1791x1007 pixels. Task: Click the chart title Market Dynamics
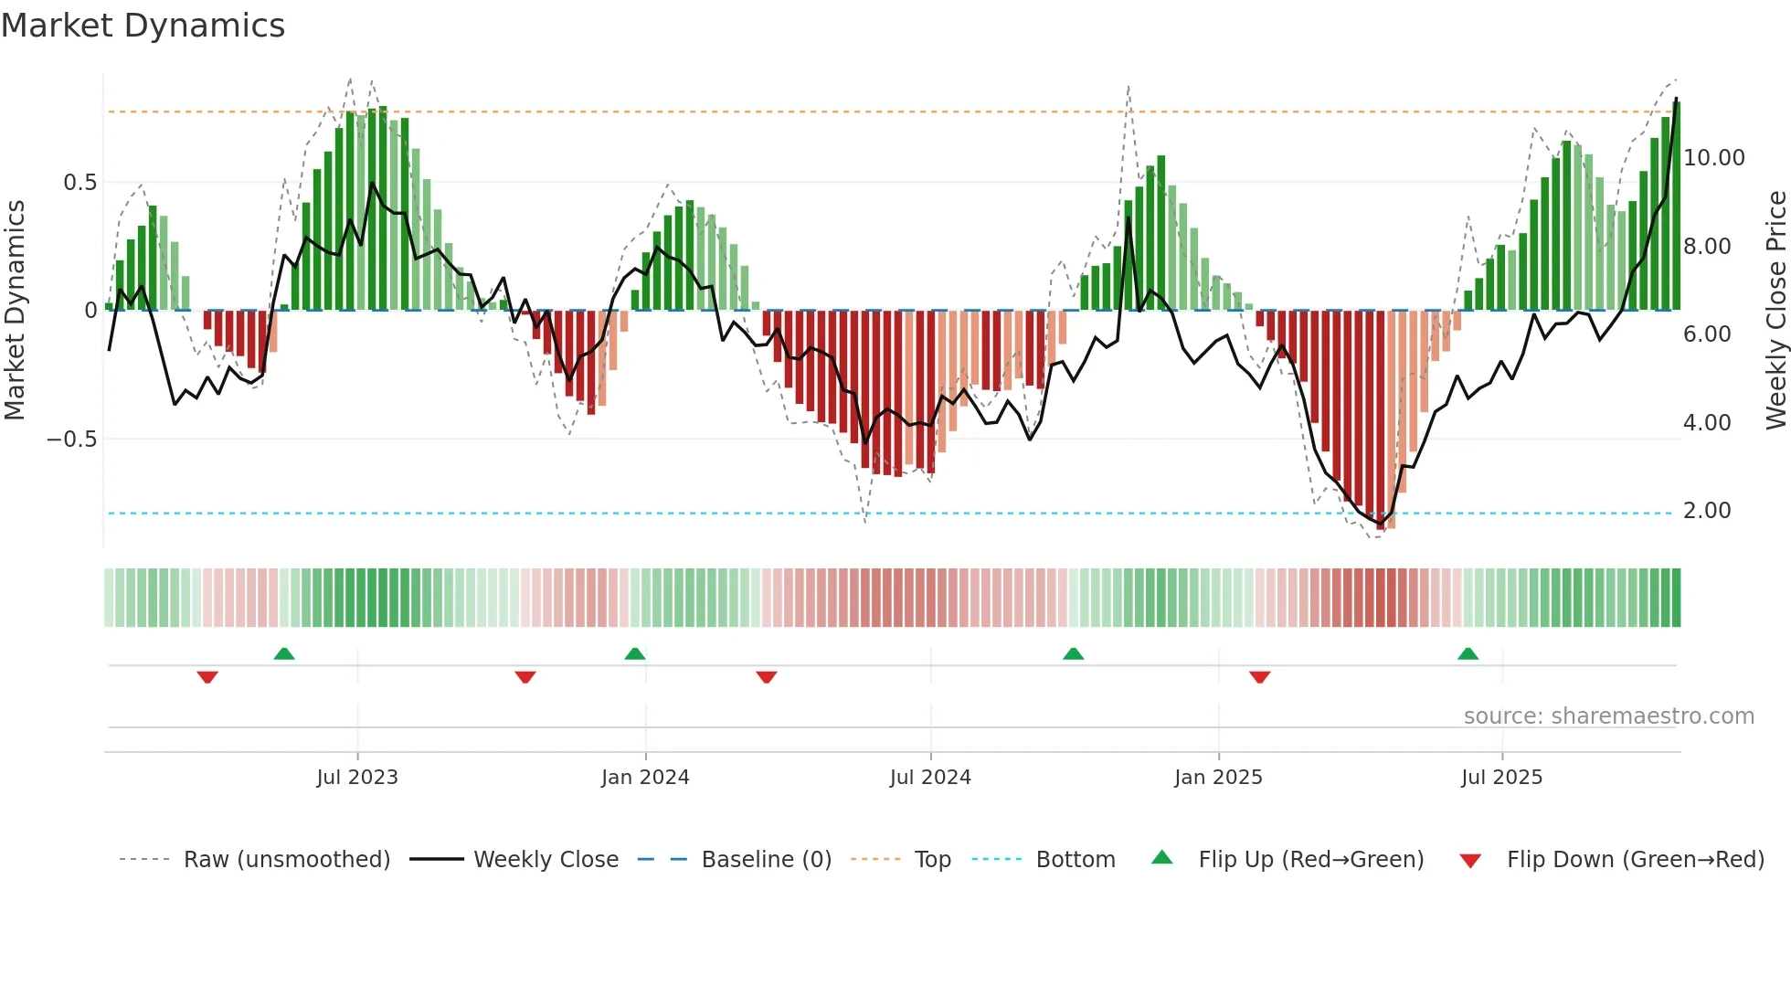pos(143,26)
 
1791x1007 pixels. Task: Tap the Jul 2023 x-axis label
pos(357,778)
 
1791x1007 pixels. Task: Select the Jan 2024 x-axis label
pos(645,778)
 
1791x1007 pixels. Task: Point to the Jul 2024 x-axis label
pos(930,778)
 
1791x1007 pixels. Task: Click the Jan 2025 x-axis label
pos(1218,778)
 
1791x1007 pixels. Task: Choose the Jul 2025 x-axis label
pos(1501,778)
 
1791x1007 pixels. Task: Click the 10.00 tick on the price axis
pos(1713,158)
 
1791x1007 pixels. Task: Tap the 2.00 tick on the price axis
pos(1707,511)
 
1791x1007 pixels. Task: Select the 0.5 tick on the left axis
pos(79,183)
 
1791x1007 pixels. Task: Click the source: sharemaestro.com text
pos(1608,716)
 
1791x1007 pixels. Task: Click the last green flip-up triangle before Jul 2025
pos(1468,654)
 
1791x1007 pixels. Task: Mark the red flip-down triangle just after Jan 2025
pos(1259,677)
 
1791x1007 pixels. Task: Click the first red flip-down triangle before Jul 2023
pos(207,677)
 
